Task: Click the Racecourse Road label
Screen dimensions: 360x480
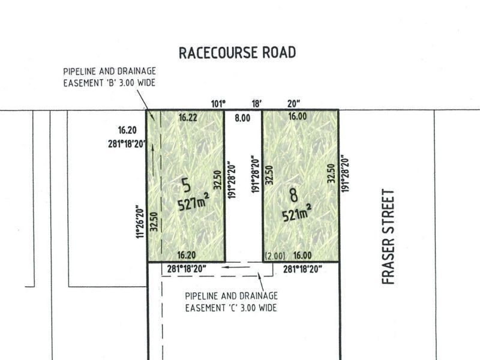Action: click(238, 52)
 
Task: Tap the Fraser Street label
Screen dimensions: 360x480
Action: click(388, 236)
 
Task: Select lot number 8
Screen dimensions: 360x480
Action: click(293, 196)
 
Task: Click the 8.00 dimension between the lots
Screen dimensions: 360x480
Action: click(242, 119)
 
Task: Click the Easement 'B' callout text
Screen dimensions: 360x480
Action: click(109, 77)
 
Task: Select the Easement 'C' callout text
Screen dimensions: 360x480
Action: click(231, 302)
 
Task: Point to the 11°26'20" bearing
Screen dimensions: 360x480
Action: click(140, 220)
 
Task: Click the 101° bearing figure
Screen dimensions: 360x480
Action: click(218, 103)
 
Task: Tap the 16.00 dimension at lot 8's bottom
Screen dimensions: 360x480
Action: click(302, 255)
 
